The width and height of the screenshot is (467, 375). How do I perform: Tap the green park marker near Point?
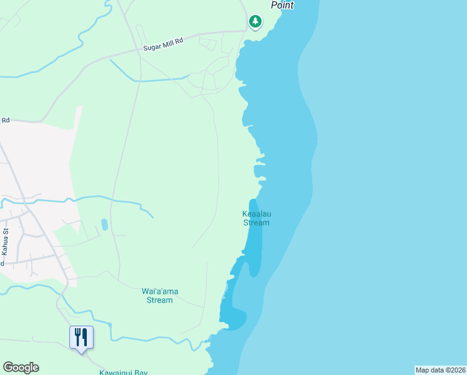(255, 22)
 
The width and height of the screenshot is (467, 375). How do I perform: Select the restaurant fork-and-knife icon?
(81, 337)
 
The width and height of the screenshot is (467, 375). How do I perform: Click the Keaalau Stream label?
(256, 218)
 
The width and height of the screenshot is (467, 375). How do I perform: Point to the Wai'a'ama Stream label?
(157, 296)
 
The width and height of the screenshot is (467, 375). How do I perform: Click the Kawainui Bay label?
(124, 372)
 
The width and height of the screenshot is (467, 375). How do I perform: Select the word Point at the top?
(282, 5)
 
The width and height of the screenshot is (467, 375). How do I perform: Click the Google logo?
(21, 367)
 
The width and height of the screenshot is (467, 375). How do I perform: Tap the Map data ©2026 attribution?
(441, 370)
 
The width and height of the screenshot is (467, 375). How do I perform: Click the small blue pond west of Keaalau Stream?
(104, 224)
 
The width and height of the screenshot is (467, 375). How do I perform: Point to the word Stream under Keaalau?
(256, 222)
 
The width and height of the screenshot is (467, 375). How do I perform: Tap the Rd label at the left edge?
(6, 120)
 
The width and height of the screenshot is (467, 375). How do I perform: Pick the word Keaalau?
(257, 214)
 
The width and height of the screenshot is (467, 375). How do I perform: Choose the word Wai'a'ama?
(157, 291)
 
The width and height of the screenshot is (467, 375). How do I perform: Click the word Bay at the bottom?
(141, 372)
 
